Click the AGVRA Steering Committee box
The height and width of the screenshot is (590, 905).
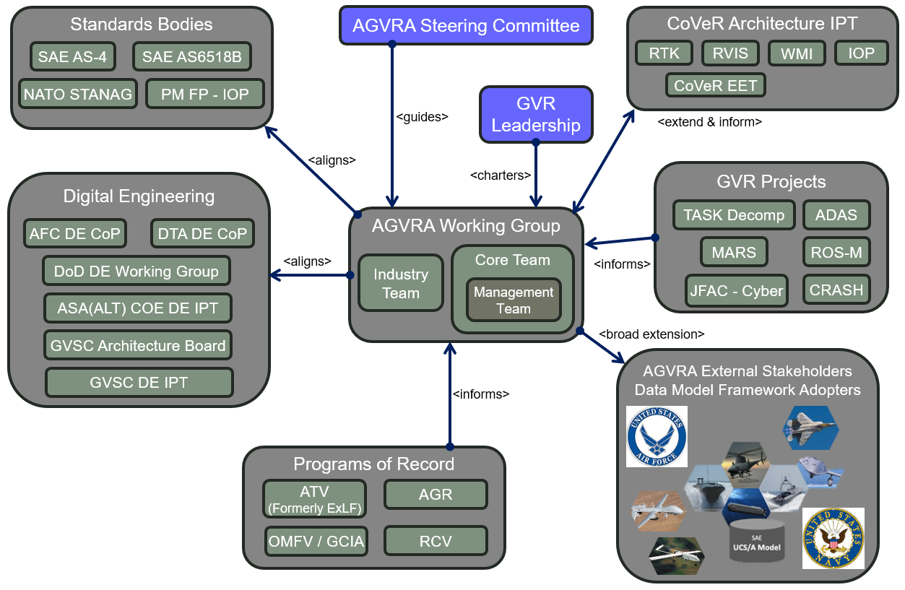pos(466,26)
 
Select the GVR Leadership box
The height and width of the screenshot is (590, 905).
pos(536,114)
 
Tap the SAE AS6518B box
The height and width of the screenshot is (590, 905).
pos(192,56)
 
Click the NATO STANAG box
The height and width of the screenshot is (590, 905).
pos(78,94)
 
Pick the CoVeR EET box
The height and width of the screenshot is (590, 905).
pos(715,85)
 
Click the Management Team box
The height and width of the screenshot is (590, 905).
pos(514,300)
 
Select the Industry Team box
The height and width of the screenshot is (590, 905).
pos(401,283)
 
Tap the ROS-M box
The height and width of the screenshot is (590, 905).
pos(836,252)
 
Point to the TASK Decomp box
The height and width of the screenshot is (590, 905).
pos(733,215)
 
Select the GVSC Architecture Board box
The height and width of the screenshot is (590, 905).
pos(138,346)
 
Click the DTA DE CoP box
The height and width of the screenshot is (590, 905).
pos(202,233)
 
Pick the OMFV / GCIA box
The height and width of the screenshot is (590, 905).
pos(316,541)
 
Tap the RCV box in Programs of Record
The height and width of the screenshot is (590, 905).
pos(436,541)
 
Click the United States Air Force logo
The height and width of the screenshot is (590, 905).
pos(657,436)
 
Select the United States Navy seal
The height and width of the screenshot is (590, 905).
pos(833,538)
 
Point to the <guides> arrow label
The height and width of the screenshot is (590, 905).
pos(423,116)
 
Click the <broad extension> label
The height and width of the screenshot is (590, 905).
pos(651,334)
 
